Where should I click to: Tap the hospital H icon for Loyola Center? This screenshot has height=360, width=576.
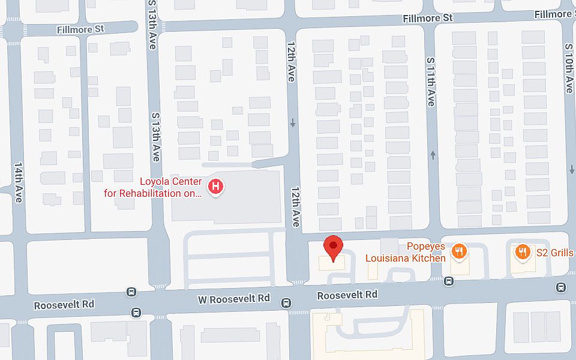(215, 187)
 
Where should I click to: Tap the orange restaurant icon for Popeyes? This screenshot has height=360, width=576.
(460, 251)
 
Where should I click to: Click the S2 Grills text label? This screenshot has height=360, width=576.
(554, 253)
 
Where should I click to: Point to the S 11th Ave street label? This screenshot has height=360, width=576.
(430, 82)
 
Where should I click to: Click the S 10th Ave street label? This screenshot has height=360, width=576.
(569, 67)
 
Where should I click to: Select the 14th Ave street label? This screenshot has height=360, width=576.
(18, 182)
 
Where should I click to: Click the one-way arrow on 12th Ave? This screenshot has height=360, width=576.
(293, 123)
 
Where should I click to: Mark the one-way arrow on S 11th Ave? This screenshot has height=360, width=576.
(433, 156)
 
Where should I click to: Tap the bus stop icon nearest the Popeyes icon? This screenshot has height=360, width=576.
(449, 281)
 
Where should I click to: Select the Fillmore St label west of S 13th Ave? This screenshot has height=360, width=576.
(80, 29)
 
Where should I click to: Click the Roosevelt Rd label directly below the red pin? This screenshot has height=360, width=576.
(347, 295)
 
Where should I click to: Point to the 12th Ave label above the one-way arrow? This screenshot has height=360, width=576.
(291, 67)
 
